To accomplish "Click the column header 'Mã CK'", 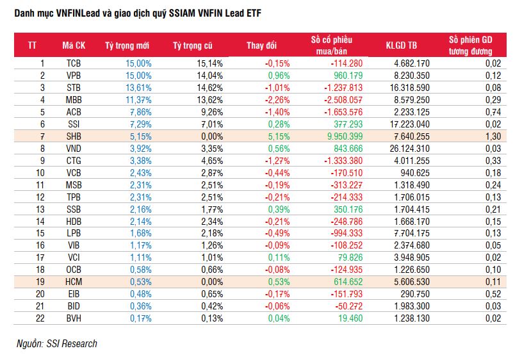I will point(74,45).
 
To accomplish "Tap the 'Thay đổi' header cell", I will point(261,45).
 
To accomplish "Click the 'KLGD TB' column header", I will point(402,45).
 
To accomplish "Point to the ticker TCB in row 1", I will point(74,63).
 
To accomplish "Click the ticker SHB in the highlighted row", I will point(74,136).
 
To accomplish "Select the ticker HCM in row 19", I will point(74,281).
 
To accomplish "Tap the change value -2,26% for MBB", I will point(277,99).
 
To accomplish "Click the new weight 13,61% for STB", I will point(138,88).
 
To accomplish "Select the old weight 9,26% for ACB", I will point(209,111).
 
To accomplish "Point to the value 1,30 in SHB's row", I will point(493,136).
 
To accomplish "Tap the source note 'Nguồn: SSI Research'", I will point(57,344).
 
